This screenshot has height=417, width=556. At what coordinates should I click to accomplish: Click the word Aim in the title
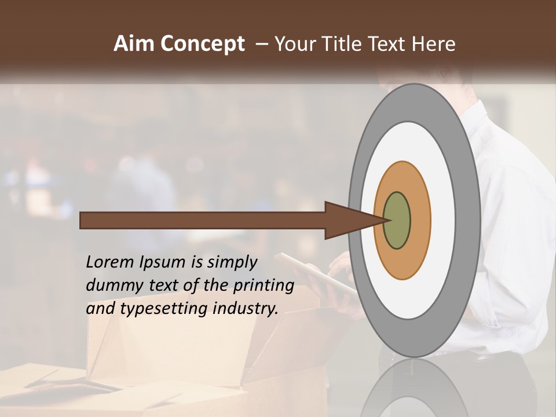tap(134, 44)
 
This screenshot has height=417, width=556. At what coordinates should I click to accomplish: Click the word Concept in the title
tap(202, 44)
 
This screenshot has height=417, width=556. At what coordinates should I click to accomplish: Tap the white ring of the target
tap(443, 220)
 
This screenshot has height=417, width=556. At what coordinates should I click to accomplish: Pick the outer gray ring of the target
tap(468, 220)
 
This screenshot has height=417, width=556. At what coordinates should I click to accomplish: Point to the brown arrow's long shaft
tap(203, 220)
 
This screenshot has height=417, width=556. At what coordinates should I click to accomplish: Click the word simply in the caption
tap(232, 263)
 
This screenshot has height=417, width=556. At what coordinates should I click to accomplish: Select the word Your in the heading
tap(295, 44)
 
